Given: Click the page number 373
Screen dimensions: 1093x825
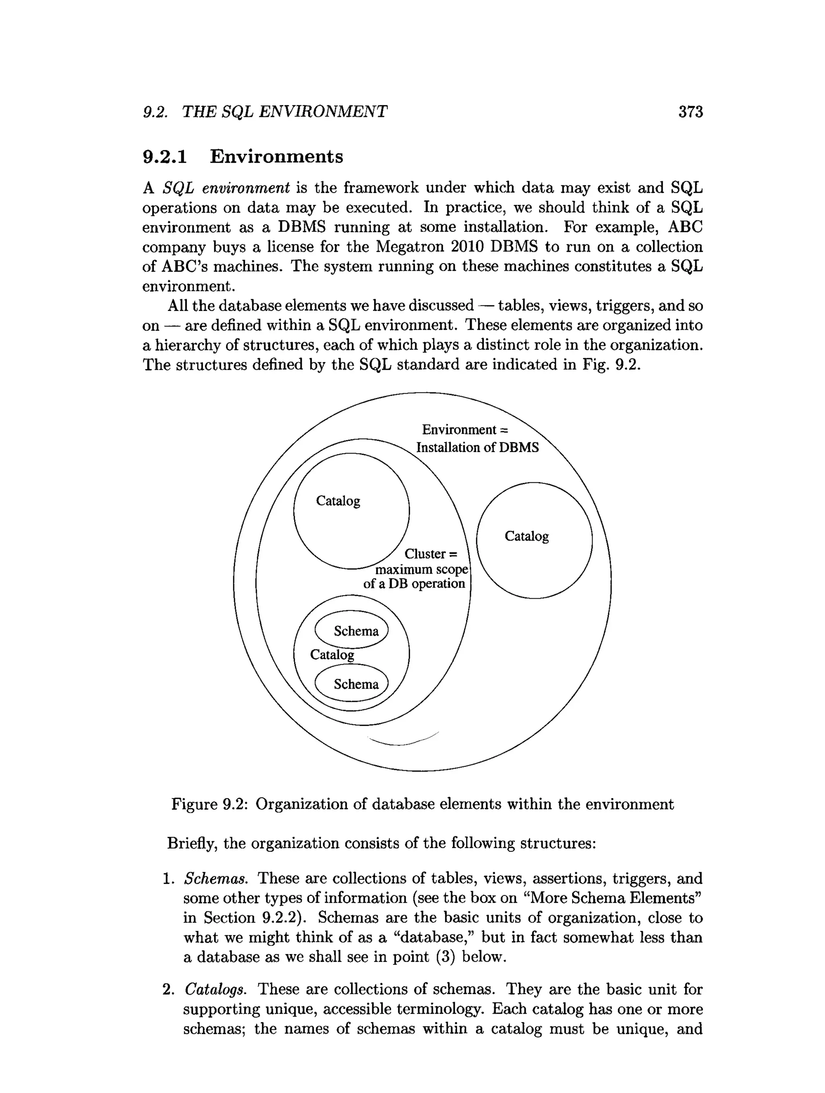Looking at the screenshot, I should pyautogui.click(x=690, y=112).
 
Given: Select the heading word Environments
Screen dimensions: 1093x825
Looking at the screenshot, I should pyautogui.click(x=276, y=157).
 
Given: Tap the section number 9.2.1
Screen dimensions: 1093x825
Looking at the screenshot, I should pyautogui.click(x=165, y=157).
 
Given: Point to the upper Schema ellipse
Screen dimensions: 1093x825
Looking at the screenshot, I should pyautogui.click(x=352, y=630).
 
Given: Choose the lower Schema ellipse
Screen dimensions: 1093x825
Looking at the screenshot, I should pyautogui.click(x=352, y=683).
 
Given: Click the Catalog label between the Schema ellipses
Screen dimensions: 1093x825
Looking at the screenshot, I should pyautogui.click(x=332, y=655).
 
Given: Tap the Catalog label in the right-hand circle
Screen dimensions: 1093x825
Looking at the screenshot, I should pyautogui.click(x=527, y=536).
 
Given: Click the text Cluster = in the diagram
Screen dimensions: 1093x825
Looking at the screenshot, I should pyautogui.click(x=431, y=554).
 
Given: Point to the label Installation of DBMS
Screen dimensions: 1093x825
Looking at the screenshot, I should pyautogui.click(x=477, y=448).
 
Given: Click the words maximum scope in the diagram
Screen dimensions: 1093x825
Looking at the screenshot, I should pyautogui.click(x=421, y=569).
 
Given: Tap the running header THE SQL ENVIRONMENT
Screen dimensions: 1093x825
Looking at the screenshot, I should pyautogui.click(x=284, y=112).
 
